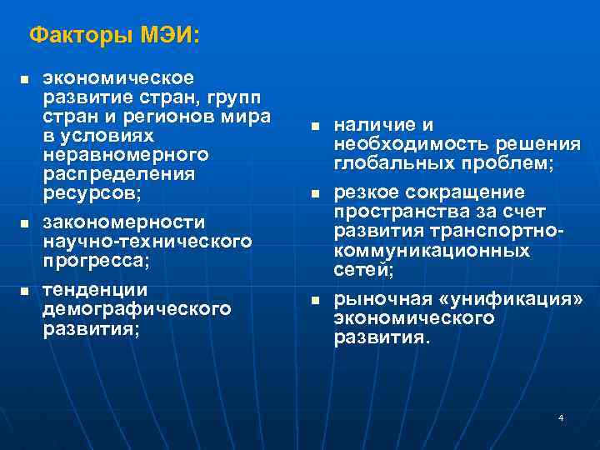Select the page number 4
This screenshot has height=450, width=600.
561,417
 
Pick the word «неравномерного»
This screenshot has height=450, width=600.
125,155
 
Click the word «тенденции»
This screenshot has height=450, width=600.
94,290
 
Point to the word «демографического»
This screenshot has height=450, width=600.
136,309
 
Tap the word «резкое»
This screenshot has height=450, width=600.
367,192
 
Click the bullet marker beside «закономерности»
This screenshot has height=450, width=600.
24,225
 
